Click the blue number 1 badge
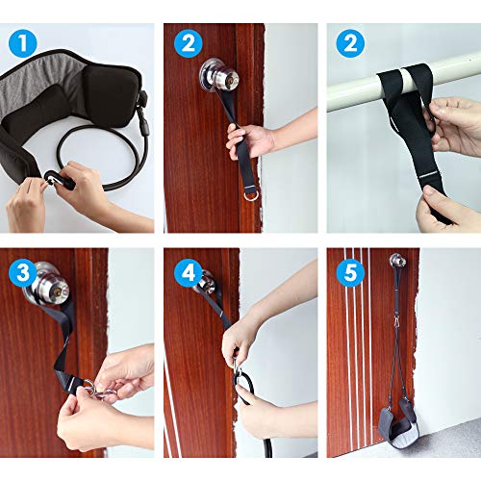coord(23,43)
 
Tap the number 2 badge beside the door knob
coord(189,43)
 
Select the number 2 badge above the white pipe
coord(350,43)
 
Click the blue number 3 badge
coord(23,272)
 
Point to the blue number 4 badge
coord(189,272)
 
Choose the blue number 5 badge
coord(350,272)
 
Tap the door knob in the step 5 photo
coord(398,261)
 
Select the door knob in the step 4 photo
coord(205,278)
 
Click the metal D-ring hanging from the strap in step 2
coord(250,195)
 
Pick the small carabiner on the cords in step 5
coord(396,319)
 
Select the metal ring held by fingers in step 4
coord(238,372)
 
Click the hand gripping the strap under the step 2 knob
coord(250,141)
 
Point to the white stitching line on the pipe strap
coord(430,176)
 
